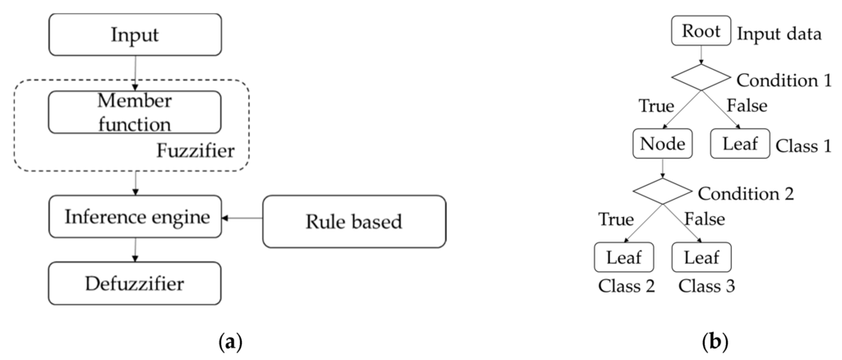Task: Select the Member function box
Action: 135,113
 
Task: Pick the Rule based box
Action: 354,221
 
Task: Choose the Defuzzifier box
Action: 135,284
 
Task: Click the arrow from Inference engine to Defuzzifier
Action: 135,250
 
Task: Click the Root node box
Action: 701,32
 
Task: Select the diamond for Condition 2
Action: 662,190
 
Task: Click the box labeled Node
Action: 662,145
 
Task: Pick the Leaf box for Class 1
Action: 739,145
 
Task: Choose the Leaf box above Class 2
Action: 623,258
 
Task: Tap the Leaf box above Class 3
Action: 701,258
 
